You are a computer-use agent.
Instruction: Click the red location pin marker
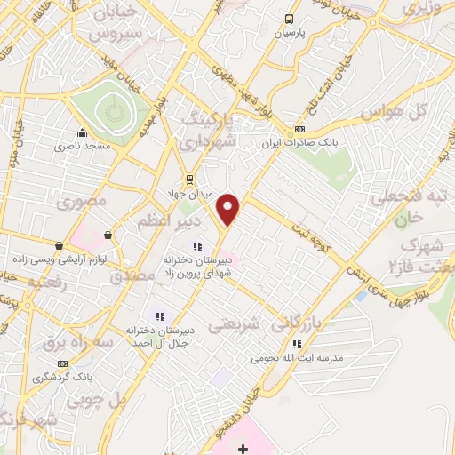[229, 210]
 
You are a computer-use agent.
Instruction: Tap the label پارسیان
[289, 33]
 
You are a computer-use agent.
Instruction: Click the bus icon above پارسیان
[289, 19]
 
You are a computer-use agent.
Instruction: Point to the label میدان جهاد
[186, 193]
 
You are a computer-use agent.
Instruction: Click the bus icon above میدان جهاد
[188, 178]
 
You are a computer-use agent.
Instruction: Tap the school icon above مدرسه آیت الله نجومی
[297, 344]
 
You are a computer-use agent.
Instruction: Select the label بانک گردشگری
[63, 377]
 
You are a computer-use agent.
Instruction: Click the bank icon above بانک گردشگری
[63, 363]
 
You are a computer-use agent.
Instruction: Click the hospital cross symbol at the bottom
[243, 448]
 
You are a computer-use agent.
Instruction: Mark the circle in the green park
[112, 112]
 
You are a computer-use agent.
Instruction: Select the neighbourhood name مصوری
[82, 202]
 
